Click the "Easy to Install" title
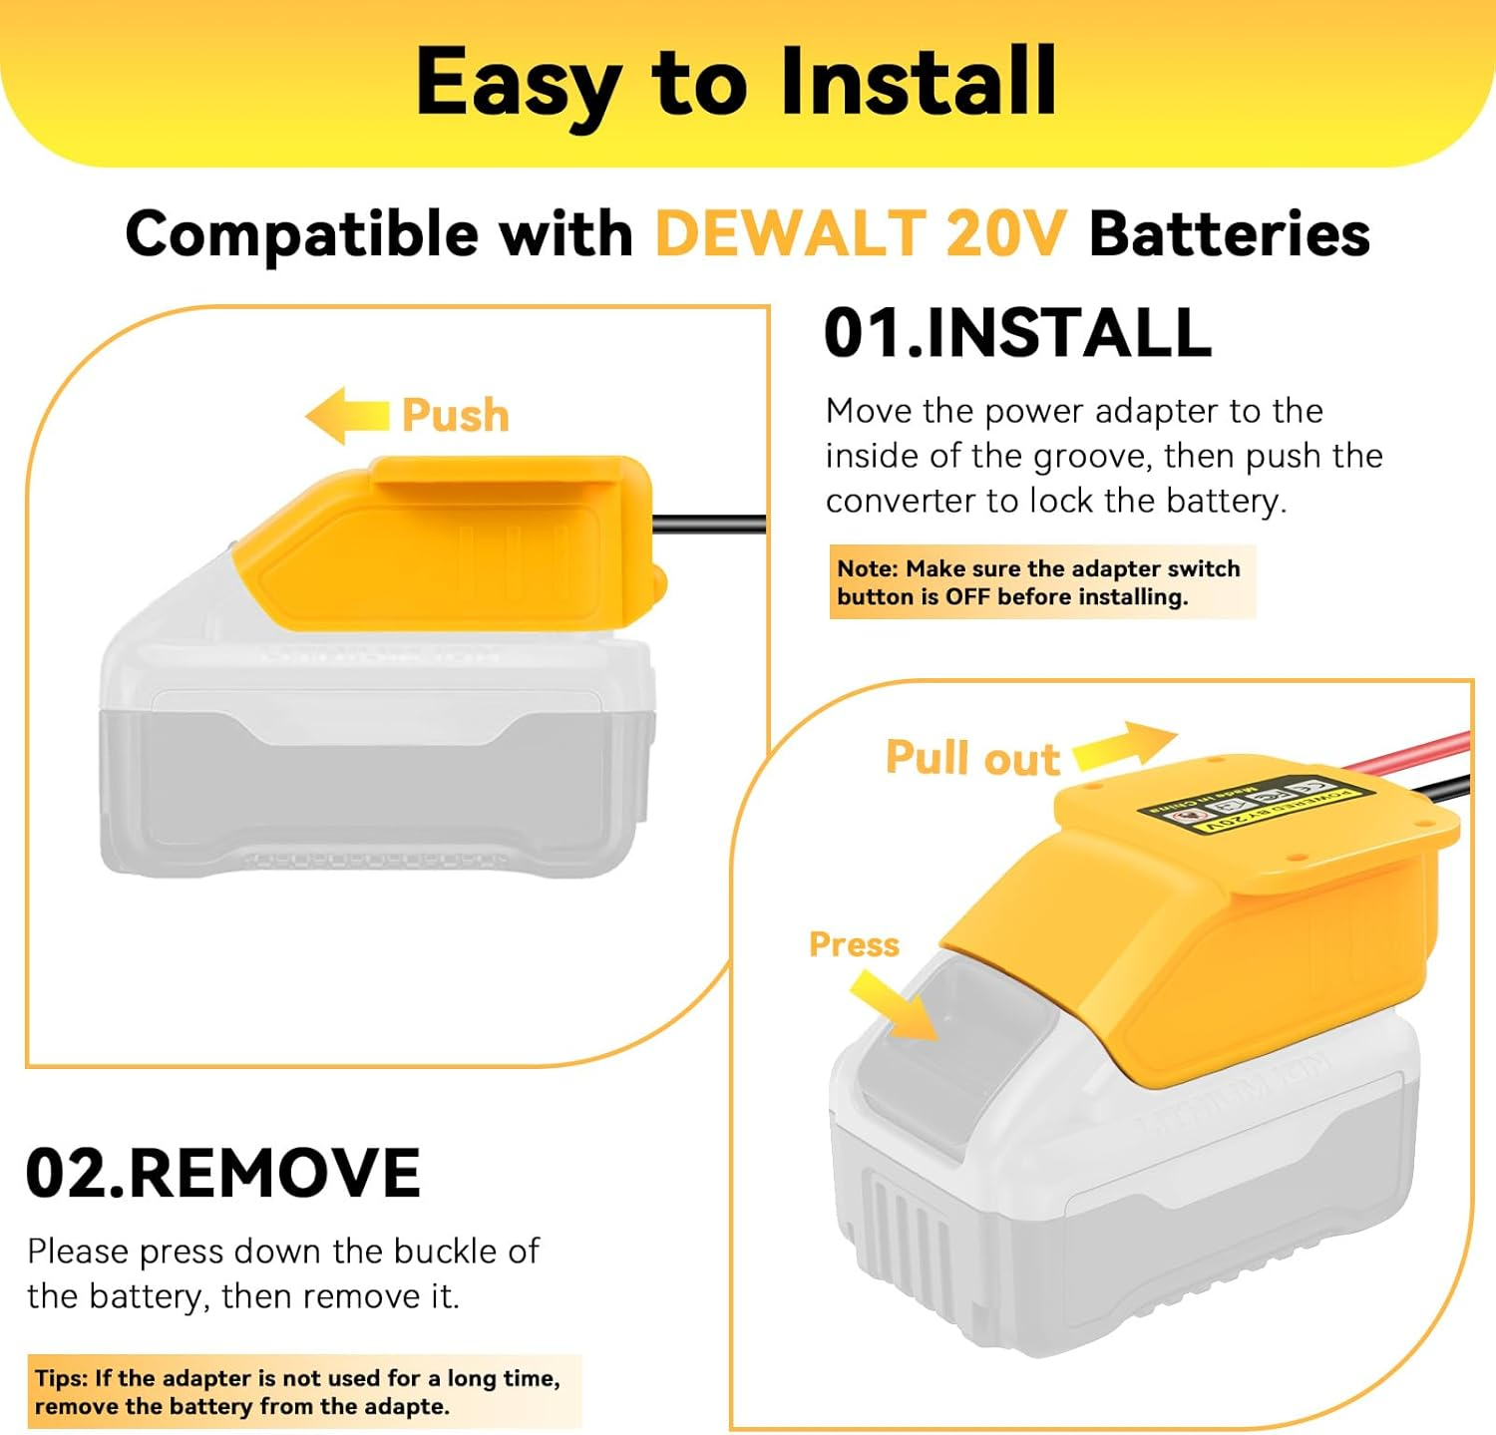pyautogui.click(x=736, y=83)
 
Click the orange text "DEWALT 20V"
pyautogui.click(x=860, y=235)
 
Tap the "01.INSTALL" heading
pyautogui.click(x=1017, y=333)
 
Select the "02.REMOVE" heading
pyautogui.click(x=222, y=1173)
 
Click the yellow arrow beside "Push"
pyautogui.click(x=346, y=415)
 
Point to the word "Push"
pyautogui.click(x=456, y=416)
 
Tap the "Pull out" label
pyautogui.click(x=972, y=759)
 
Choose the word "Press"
pyautogui.click(x=854, y=944)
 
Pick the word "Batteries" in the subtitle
pyautogui.click(x=1229, y=235)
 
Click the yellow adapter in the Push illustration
pyautogui.click(x=449, y=543)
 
